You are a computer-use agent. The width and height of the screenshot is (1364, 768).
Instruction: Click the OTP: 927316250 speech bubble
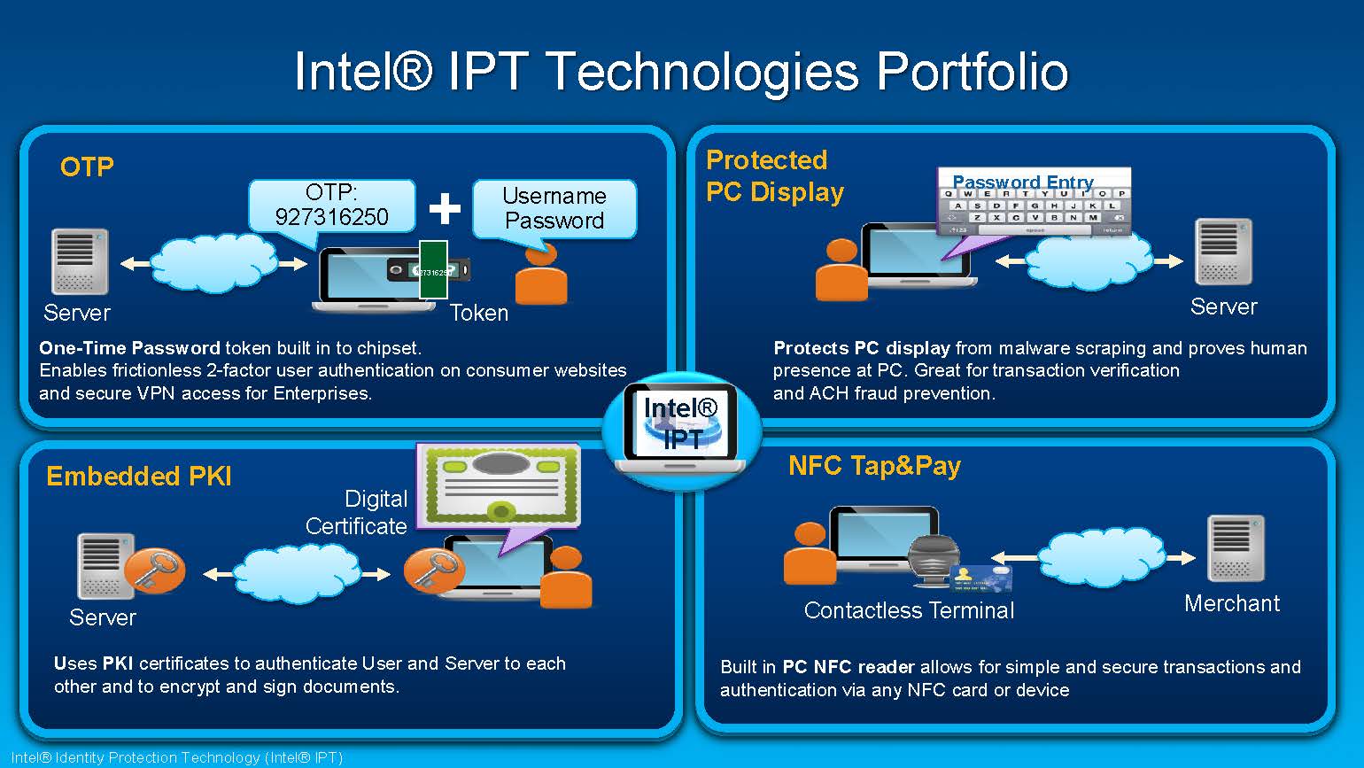pos(331,205)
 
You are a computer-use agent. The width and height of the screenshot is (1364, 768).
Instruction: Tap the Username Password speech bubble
pos(554,208)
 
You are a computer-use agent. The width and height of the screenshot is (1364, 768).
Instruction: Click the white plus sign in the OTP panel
pos(445,208)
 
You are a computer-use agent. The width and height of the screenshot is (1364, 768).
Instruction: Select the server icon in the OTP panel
pos(80,261)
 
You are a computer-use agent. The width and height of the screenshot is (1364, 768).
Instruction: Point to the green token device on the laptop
pos(433,269)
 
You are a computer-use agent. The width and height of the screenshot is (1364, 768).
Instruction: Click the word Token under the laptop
pos(479,313)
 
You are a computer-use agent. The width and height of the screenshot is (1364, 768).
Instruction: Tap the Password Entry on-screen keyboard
pos(1035,203)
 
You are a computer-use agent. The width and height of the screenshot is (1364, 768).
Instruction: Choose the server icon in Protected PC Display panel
pos(1223,252)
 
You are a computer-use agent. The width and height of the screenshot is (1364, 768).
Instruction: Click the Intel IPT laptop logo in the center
pos(681,426)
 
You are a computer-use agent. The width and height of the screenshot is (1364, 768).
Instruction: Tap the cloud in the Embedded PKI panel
pos(297,573)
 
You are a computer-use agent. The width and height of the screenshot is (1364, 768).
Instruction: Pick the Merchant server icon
pos(1236,548)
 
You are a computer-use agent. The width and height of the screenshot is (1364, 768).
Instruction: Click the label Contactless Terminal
pos(909,610)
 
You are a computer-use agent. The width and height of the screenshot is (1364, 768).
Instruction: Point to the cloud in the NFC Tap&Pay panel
pos(1100,557)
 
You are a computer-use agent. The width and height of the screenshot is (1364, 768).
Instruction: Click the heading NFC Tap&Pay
pos(874,466)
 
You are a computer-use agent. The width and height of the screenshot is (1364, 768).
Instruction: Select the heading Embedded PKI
pos(139,477)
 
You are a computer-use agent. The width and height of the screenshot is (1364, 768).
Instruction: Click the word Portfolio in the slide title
pos(972,72)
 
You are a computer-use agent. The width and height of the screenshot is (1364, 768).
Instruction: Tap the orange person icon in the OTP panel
pos(541,275)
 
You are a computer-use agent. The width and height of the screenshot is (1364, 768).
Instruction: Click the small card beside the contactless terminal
pos(981,578)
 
